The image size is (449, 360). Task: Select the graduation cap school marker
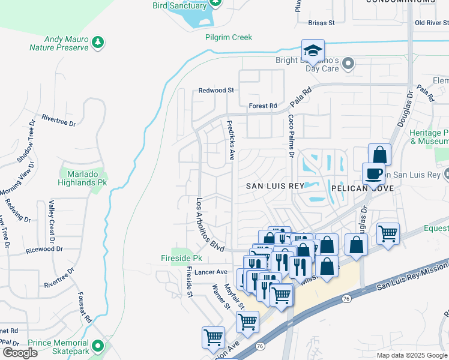(x=313, y=50)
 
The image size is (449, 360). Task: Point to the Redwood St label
(x=216, y=90)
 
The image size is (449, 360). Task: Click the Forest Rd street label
(x=263, y=106)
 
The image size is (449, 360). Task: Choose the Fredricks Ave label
(x=231, y=140)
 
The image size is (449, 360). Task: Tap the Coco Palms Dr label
(x=291, y=136)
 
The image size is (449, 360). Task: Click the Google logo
(x=20, y=353)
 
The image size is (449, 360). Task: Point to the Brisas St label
(x=321, y=23)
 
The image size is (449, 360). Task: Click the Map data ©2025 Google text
(x=411, y=355)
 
